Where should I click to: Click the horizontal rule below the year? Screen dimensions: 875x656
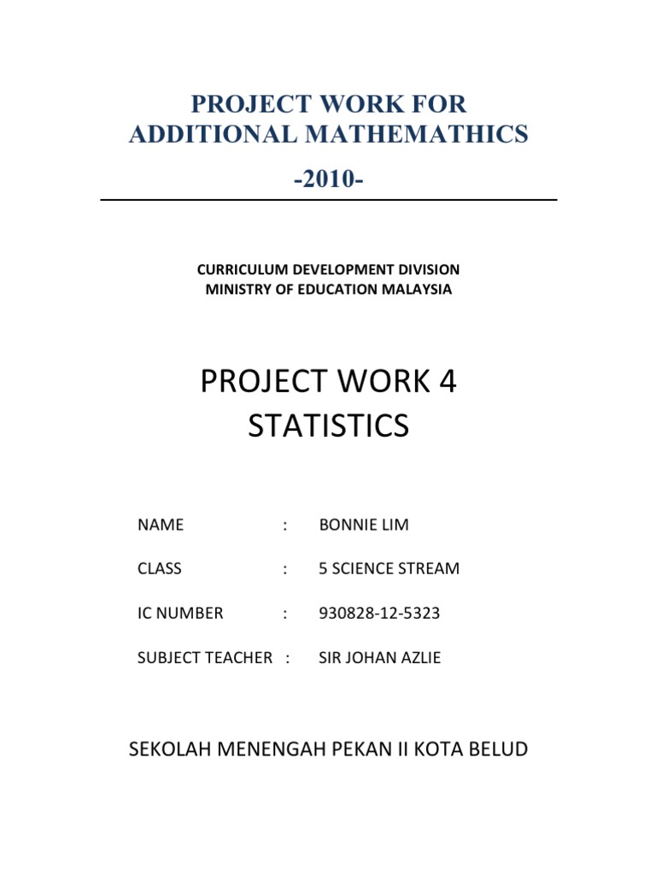coord(329,200)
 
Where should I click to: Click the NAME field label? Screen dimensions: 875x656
coord(160,525)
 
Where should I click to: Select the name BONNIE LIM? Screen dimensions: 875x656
coord(364,525)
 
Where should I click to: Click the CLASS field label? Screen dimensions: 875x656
coord(159,568)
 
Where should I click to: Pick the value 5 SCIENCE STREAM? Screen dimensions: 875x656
coord(389,568)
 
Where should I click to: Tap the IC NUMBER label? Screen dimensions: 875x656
coord(180,613)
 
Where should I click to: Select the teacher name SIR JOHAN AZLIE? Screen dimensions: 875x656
coord(380,657)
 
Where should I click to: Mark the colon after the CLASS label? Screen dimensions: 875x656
coord(284,568)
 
